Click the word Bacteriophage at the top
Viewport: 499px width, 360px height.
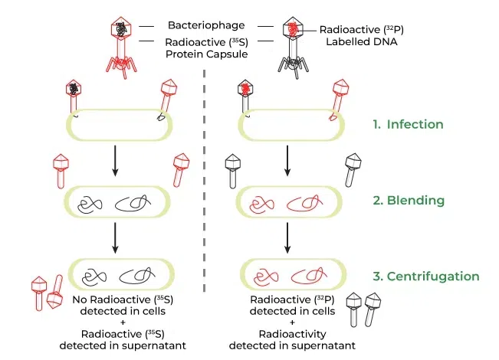click(204, 25)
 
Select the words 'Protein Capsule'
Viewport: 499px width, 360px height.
click(204, 54)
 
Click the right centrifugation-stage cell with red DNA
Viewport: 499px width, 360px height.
click(289, 274)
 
